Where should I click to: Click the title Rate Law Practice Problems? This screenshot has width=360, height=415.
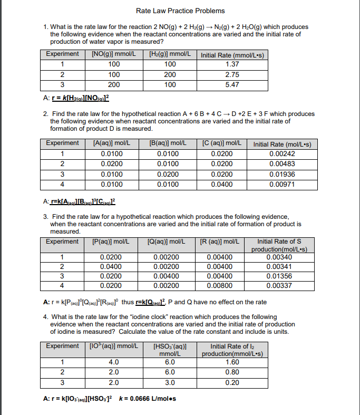click(180, 11)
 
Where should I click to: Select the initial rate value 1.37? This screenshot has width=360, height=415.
click(231, 64)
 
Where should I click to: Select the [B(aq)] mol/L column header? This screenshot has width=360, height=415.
click(168, 143)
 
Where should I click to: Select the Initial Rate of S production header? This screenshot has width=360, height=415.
click(279, 245)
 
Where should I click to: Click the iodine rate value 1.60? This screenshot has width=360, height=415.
click(232, 362)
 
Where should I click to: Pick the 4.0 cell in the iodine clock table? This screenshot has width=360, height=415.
click(114, 362)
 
